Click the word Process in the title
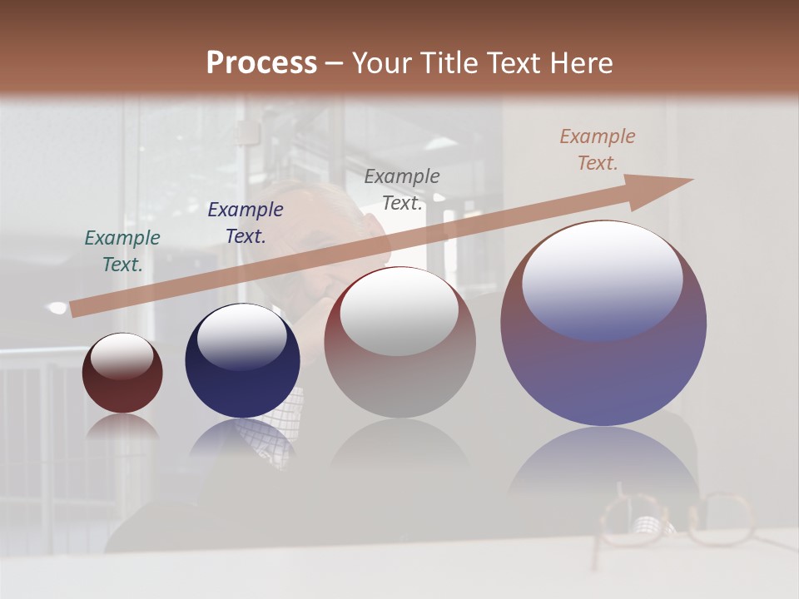(261, 63)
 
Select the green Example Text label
(122, 251)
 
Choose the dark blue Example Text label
(246, 223)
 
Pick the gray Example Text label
(402, 190)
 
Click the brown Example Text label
(598, 150)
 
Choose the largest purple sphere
(603, 366)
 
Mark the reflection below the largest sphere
(603, 466)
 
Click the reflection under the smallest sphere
(122, 427)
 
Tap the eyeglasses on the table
(674, 520)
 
